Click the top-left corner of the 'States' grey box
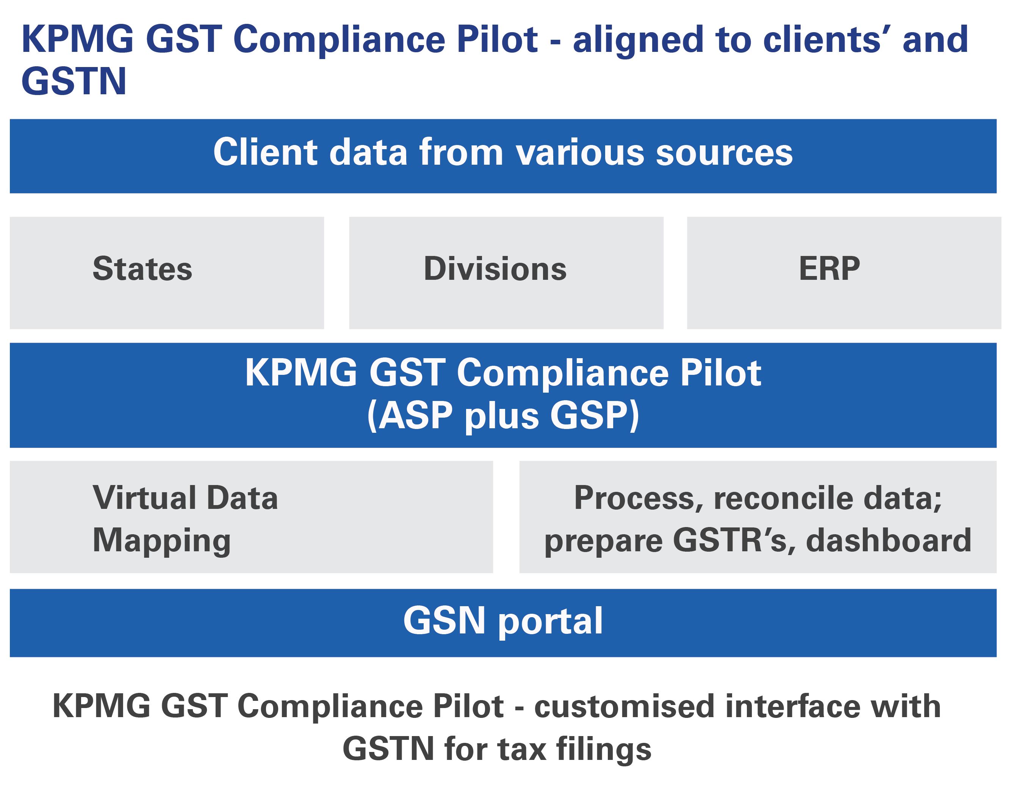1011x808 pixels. click(10, 217)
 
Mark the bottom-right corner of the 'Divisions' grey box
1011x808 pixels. click(664, 329)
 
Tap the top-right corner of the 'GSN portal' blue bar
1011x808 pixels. click(997, 589)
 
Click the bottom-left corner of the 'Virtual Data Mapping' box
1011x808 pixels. click(10, 573)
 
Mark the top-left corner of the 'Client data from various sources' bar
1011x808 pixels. click(10, 120)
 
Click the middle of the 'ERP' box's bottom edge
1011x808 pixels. click(844, 329)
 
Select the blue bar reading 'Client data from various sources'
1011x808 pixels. click(503, 156)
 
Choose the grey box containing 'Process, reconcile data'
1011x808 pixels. click(758, 517)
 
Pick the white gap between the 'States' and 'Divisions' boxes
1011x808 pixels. click(337, 273)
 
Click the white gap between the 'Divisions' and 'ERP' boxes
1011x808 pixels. click(675, 273)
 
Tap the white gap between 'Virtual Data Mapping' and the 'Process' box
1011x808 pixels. click(506, 517)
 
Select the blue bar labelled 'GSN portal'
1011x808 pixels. click(503, 623)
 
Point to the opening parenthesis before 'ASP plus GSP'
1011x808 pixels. click(372, 416)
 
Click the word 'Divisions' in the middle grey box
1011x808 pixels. click(495, 269)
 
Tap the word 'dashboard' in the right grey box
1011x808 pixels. click(889, 540)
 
